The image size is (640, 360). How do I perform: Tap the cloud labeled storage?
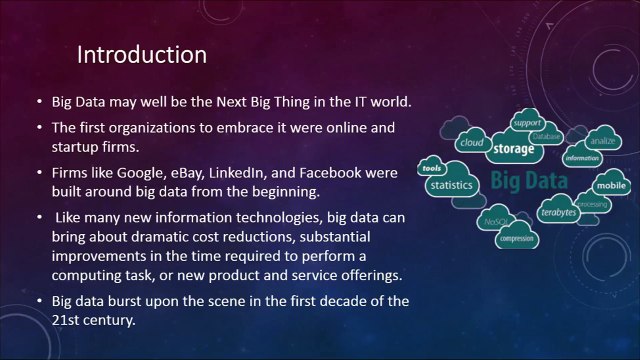513,151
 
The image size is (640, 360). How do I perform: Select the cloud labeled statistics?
450,185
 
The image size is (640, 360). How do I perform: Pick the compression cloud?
516,238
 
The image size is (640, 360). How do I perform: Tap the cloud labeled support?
527,123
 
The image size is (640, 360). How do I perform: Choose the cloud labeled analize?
601,141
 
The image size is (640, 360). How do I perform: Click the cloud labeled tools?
432,168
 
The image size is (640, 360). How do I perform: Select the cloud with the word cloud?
471,143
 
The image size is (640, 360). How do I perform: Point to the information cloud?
582,158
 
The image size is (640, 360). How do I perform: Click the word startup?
74,147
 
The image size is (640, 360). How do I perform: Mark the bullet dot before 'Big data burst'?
38,301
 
